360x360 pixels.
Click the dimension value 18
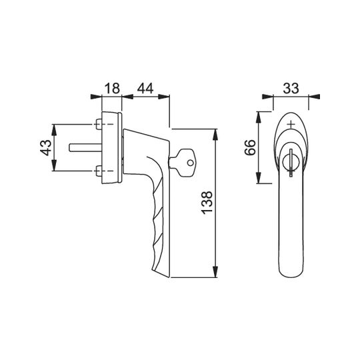tap(112, 89)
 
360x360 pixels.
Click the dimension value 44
tap(145, 89)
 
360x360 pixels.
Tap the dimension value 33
tap(291, 88)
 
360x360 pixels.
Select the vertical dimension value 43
tap(46, 147)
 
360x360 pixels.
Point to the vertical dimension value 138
tap(207, 203)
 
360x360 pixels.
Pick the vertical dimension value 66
tap(250, 147)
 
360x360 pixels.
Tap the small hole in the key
tap(190, 163)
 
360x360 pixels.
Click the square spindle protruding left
tap(85, 147)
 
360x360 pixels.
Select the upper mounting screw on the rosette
tap(99, 124)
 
